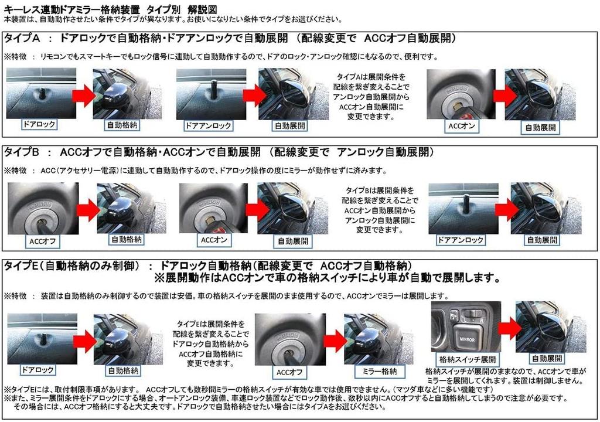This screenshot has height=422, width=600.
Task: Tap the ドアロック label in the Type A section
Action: (x=38, y=125)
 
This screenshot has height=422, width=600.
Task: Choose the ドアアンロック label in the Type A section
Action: (x=207, y=125)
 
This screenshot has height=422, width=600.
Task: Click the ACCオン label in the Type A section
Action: (x=461, y=125)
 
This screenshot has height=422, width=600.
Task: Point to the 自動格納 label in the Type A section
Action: (x=122, y=125)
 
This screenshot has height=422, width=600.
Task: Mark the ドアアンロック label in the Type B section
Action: (x=461, y=240)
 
